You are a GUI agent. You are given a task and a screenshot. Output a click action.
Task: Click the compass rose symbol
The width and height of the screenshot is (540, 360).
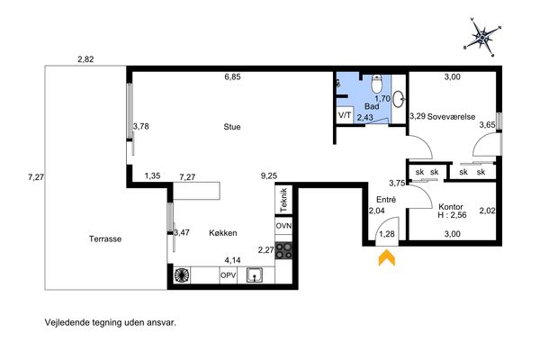[482, 36]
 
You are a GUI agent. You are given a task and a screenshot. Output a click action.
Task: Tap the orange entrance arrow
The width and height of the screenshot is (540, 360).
[387, 258]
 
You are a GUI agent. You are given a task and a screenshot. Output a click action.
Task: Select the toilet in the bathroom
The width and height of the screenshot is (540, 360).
[376, 84]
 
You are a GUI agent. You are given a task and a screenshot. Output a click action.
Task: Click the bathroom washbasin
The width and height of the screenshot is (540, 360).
[399, 99]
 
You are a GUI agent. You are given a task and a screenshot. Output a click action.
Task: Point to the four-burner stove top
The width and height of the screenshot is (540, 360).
[283, 250]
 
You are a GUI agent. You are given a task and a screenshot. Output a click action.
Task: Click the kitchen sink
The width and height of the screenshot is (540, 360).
[255, 275]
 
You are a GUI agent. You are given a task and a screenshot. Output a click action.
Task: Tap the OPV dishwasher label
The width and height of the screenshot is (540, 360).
[229, 275]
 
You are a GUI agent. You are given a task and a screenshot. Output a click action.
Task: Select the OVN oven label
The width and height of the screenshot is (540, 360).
[283, 226]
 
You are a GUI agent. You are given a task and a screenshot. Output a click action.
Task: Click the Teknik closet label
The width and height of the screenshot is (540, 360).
[283, 200]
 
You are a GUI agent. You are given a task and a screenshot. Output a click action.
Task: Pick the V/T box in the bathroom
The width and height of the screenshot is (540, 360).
[345, 115]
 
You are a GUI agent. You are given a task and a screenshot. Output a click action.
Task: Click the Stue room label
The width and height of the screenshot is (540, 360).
[232, 127]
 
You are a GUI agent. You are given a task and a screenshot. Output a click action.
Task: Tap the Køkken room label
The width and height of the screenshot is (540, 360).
[223, 233]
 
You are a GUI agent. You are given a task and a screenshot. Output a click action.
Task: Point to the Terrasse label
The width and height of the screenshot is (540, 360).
[105, 238]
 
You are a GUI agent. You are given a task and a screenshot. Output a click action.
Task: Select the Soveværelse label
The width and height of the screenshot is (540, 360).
[451, 116]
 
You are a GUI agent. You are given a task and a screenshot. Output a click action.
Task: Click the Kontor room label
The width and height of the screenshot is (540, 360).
[451, 207]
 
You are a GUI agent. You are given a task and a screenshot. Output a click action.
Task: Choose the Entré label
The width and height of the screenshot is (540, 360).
[386, 200]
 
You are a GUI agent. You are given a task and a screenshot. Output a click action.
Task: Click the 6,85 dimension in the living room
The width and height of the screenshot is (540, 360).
[232, 76]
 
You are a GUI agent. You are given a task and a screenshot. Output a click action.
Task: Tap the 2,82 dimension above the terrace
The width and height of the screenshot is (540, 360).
[85, 59]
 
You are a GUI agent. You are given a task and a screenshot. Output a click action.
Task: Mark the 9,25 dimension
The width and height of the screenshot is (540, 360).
[269, 176]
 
